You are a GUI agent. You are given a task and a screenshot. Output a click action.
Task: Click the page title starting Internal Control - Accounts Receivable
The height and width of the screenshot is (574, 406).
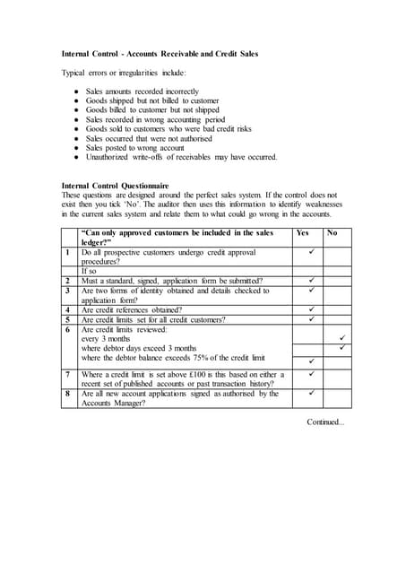click(160, 54)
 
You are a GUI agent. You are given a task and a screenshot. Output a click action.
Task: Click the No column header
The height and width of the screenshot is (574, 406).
click(333, 232)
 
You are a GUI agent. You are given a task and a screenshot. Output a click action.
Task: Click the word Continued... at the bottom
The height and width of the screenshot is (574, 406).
click(325, 421)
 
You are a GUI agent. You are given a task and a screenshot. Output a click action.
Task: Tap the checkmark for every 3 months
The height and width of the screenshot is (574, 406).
click(341, 338)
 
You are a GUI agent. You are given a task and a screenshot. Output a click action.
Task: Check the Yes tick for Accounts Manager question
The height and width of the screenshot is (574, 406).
click(311, 393)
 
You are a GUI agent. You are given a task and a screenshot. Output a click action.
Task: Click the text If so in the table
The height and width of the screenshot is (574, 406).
click(90, 271)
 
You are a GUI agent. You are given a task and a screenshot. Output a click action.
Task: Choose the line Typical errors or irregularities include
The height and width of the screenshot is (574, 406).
click(124, 73)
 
